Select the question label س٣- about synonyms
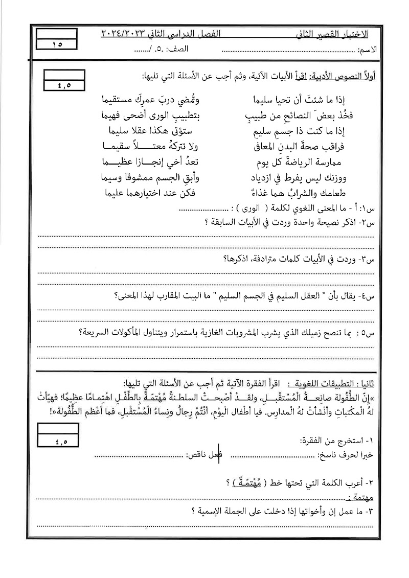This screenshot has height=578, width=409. [x=368, y=260]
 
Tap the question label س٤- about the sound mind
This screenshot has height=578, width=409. [x=368, y=296]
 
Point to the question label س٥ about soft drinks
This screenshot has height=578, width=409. [x=368, y=333]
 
